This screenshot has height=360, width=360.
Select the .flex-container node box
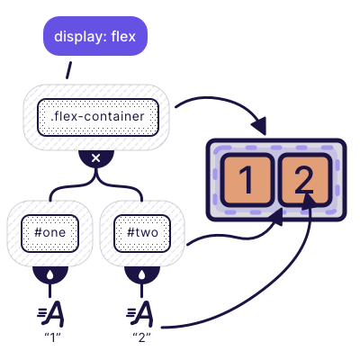[x=98, y=117]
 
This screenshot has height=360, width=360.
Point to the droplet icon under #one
[x=49, y=274]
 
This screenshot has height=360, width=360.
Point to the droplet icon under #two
[x=142, y=274]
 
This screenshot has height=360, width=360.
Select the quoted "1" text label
[x=49, y=343]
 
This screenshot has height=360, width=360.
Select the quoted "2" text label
[x=142, y=343]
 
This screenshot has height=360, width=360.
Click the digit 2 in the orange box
[x=304, y=180]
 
